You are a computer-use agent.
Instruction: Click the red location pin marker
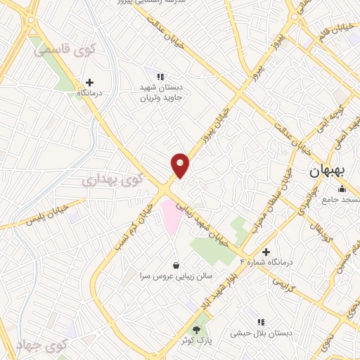(181, 165)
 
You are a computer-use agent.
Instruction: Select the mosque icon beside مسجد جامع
(342, 188)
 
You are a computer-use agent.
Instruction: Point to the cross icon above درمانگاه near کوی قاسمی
(89, 82)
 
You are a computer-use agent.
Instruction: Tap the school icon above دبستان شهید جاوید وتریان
(160, 77)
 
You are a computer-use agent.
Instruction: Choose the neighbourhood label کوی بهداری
(112, 179)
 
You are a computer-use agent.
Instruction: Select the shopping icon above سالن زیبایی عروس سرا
(175, 264)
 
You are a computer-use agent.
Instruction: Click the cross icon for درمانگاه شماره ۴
(265, 252)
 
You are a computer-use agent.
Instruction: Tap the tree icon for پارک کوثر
(196, 328)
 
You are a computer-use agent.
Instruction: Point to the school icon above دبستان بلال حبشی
(262, 321)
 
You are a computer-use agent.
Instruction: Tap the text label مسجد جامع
(336, 200)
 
